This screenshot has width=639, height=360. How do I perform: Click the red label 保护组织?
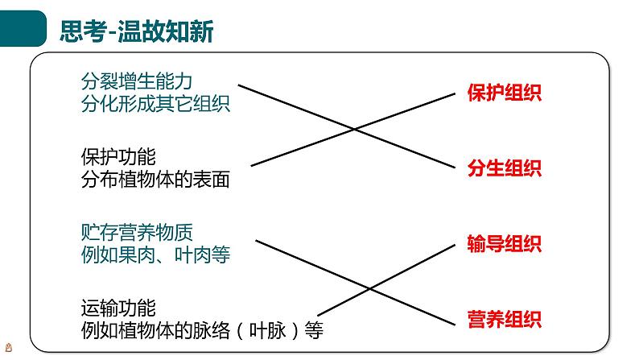pos(504,93)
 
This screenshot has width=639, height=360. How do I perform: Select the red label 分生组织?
pos(504,168)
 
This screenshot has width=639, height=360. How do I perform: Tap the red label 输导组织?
pos(504,244)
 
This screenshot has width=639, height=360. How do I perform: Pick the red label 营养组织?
pos(504,320)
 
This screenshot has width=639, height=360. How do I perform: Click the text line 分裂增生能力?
pos(137,81)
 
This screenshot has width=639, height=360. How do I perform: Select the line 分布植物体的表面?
pos(155,180)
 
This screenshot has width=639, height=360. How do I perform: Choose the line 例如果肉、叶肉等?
pos(155,255)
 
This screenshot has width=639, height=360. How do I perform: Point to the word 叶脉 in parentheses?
pos(266,331)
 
